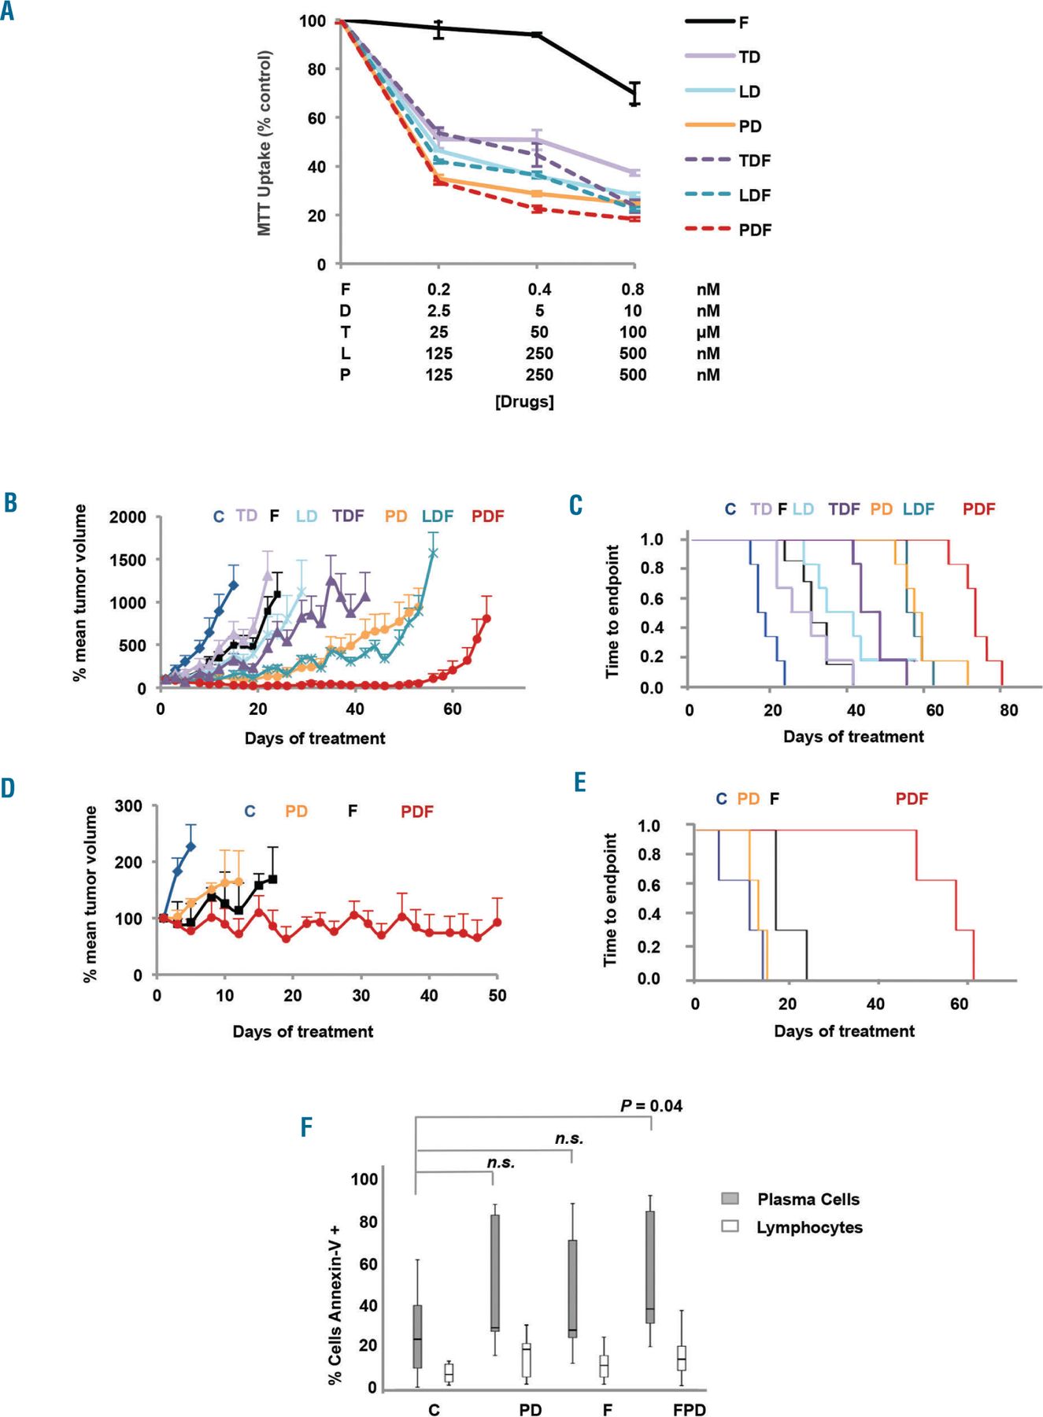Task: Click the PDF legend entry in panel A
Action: pos(754,230)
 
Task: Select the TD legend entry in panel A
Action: pos(749,57)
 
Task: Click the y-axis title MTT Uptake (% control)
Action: pos(264,143)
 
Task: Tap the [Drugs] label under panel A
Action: pos(524,401)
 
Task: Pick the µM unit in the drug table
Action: pos(708,332)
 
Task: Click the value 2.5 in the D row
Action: pos(438,311)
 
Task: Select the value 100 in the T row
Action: pos(633,332)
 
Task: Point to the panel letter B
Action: pos(10,502)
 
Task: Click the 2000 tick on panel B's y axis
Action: pos(128,517)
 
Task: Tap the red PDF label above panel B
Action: pos(487,516)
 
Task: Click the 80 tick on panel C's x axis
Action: pos(1008,710)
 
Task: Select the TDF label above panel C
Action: pos(844,509)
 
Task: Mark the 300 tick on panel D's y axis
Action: pos(128,806)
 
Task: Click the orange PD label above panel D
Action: pos(296,811)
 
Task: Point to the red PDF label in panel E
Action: pos(912,799)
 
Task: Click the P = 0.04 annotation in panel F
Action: pos(651,1106)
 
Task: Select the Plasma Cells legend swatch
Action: pos(730,1198)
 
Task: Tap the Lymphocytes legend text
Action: pos(809,1227)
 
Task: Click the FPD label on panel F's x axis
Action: pos(689,1409)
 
